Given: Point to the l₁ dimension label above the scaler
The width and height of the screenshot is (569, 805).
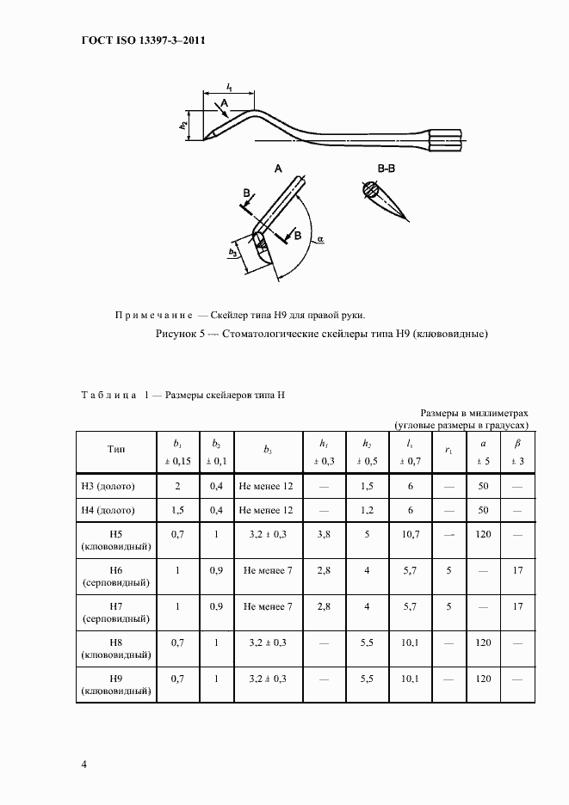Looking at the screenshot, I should pyautogui.click(x=230, y=86).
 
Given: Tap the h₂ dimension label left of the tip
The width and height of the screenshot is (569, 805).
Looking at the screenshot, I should pyautogui.click(x=183, y=125).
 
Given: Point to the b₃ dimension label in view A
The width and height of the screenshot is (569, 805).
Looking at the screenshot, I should pyautogui.click(x=232, y=252).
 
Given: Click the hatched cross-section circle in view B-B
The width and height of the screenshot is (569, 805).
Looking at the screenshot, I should pyautogui.click(x=369, y=190).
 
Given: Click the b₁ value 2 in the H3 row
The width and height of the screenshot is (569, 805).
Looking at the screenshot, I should pyautogui.click(x=177, y=486).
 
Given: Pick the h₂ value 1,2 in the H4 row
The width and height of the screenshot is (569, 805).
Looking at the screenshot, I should pyautogui.click(x=367, y=510).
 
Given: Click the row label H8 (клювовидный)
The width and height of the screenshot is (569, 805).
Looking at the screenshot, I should pyautogui.click(x=116, y=648).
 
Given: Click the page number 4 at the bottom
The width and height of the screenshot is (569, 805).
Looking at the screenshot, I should pyautogui.click(x=83, y=764).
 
